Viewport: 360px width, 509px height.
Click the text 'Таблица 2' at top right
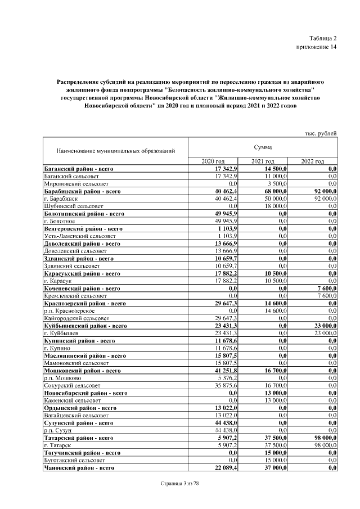(x=323, y=38)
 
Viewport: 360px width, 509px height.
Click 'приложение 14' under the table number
(x=316, y=47)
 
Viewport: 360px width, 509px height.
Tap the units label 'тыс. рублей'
(x=320, y=133)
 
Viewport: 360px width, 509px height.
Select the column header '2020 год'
(x=213, y=162)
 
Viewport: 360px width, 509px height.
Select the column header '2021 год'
(x=263, y=162)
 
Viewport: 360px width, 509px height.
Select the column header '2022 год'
(x=312, y=162)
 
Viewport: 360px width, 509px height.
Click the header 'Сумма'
(x=263, y=147)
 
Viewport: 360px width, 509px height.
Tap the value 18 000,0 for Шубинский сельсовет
(x=276, y=206)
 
